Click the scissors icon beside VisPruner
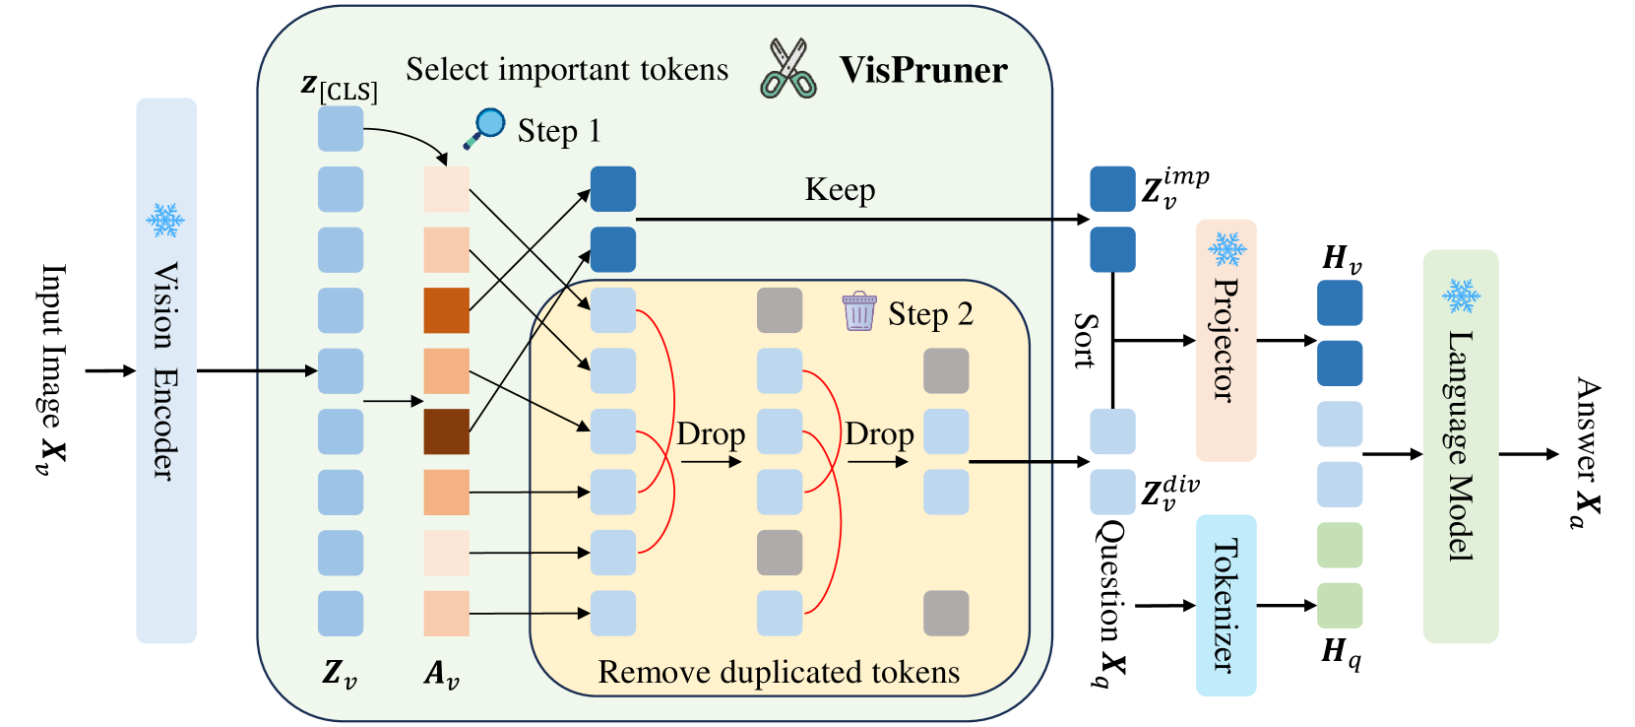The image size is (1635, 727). coord(788,69)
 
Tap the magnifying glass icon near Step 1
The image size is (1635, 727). coord(485,128)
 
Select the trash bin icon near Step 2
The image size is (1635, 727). coord(859,311)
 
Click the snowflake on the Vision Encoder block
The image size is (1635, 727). coord(165,220)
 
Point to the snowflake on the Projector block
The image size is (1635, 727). coord(1226,249)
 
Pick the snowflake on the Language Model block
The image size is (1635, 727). coord(1461,295)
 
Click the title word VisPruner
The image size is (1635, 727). coord(923,70)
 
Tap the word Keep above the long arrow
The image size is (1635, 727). coord(840,189)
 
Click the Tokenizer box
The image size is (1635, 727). coord(1226,605)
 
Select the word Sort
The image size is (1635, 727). coord(1085,341)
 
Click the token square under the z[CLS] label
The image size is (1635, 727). coord(341,129)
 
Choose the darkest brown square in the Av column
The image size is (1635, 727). coord(446,431)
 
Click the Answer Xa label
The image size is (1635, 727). coord(1587,453)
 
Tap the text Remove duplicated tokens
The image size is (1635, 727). coord(779,672)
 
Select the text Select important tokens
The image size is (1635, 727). coord(567,69)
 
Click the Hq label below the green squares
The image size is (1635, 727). coord(1341,651)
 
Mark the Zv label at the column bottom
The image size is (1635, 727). coord(340,673)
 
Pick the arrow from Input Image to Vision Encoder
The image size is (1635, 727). coord(110,371)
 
